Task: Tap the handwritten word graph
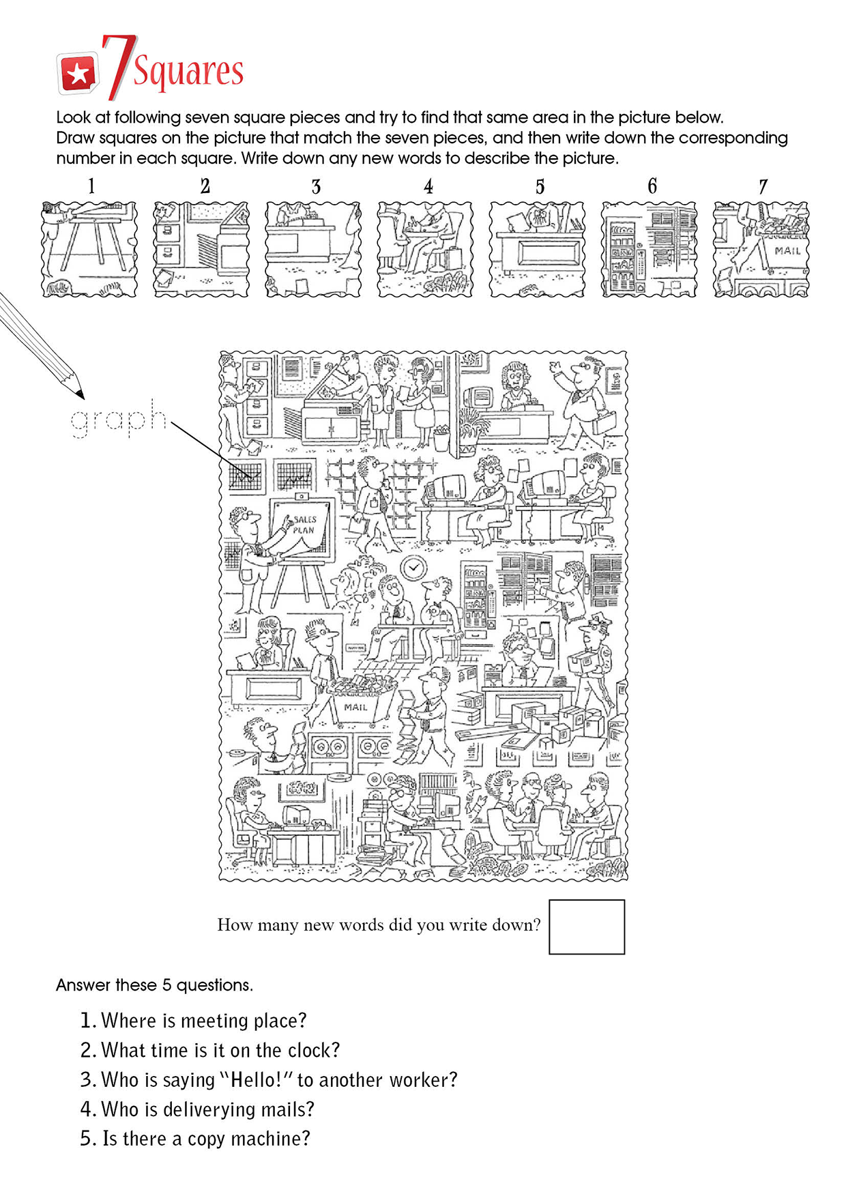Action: tap(119, 419)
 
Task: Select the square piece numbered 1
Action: tap(89, 249)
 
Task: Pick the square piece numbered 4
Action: tap(425, 249)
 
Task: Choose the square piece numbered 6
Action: tap(650, 249)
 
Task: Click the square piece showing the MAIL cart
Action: tap(761, 249)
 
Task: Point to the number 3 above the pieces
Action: tap(316, 187)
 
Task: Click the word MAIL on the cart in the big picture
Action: tap(356, 708)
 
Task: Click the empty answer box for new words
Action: tap(587, 927)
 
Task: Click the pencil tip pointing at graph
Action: tap(81, 396)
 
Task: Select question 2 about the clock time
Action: tap(210, 1050)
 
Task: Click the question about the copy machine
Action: tap(195, 1139)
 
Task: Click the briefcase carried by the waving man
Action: tap(604, 423)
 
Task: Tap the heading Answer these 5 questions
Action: tap(154, 985)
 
